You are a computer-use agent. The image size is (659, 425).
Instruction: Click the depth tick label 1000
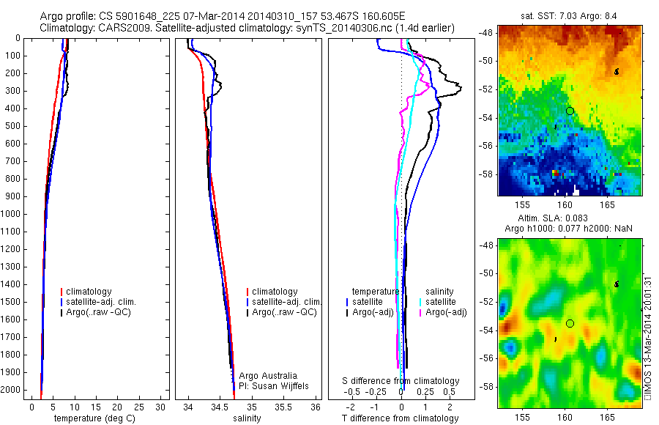click(12, 214)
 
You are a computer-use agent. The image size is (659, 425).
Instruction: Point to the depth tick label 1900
click(12, 374)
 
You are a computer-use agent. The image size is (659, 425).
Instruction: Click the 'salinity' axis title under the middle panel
click(245, 418)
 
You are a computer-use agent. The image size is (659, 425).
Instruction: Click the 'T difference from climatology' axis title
click(400, 418)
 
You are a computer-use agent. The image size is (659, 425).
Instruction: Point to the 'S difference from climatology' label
click(401, 381)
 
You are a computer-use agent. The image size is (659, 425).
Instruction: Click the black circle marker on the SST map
click(570, 111)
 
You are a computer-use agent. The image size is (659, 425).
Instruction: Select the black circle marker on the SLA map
click(570, 323)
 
